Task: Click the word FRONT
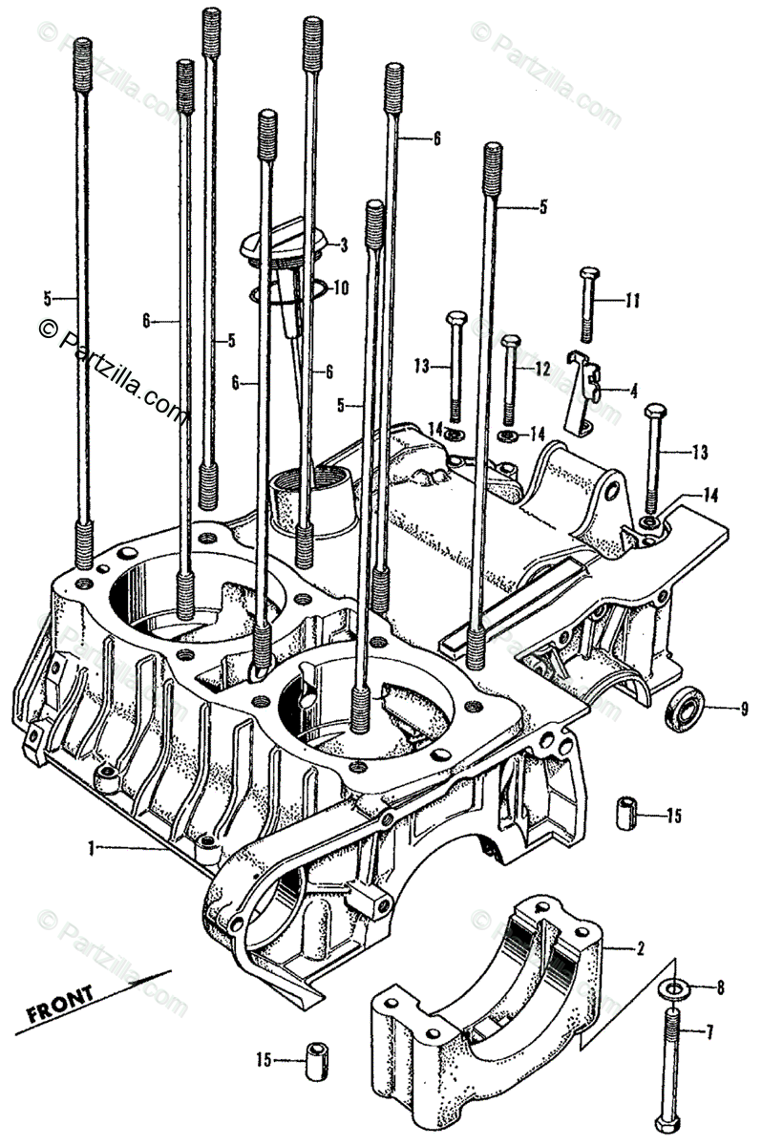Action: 60,1003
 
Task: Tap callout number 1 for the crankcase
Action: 92,846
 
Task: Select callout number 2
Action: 640,949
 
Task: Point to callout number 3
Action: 343,244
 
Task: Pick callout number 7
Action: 709,1030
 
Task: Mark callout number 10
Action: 341,286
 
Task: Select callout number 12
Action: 541,368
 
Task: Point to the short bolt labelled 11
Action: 587,306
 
